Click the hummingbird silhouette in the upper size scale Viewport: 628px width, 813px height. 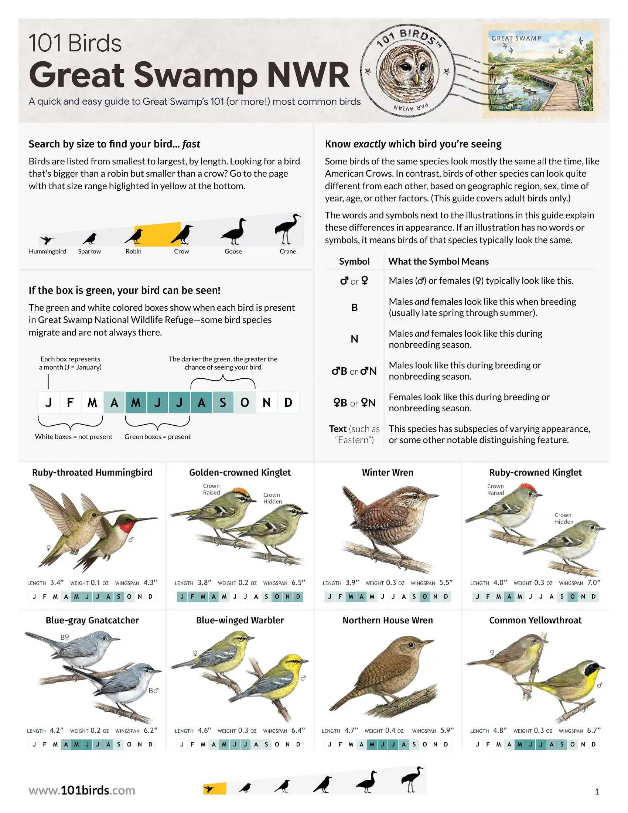tap(47, 240)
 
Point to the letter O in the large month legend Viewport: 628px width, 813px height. tap(245, 402)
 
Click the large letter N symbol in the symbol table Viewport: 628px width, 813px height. tap(355, 339)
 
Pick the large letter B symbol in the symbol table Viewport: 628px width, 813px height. tap(355, 307)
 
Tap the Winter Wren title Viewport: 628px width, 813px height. tap(388, 472)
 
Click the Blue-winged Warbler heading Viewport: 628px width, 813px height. tap(240, 620)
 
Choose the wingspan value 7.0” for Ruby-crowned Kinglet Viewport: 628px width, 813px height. tap(594, 582)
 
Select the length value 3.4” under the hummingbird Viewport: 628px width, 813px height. tap(57, 582)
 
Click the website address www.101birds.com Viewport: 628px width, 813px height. tap(82, 790)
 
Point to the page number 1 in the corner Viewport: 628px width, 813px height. tap(597, 792)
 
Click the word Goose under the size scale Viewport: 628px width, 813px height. tap(233, 251)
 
